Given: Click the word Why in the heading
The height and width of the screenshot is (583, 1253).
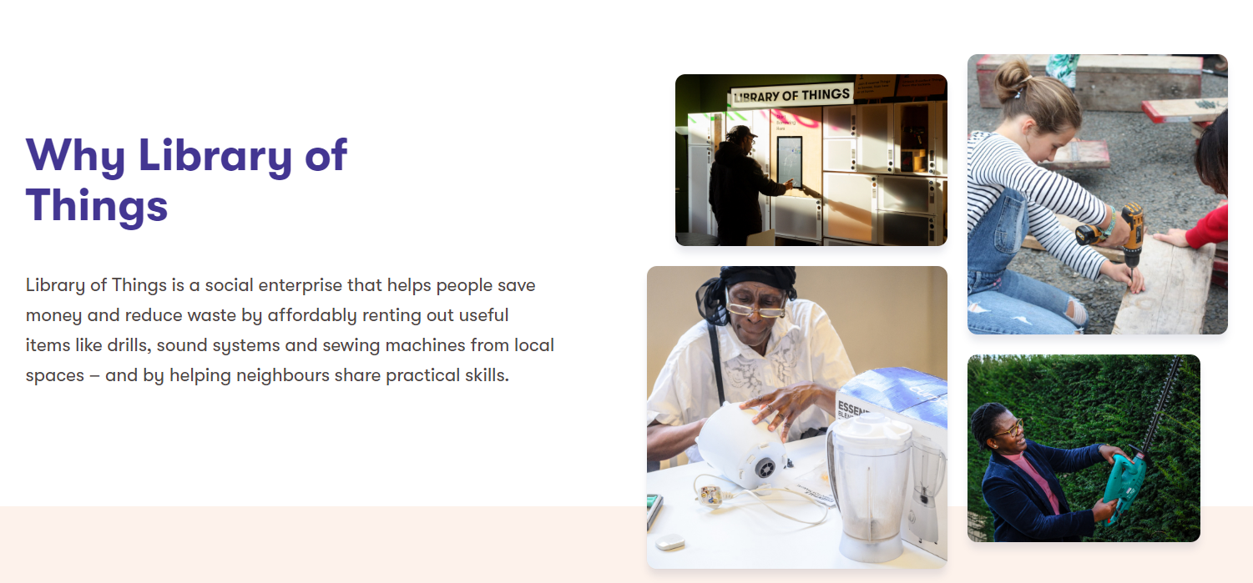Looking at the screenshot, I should pos(74,155).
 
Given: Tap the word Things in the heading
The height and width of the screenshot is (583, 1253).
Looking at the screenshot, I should pos(97,206).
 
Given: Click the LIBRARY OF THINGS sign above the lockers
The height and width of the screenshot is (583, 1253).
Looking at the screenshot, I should pos(791,95).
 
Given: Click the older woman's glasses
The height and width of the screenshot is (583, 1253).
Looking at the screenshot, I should pos(755,308).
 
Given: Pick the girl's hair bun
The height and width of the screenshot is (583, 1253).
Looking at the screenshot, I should pos(1011,77).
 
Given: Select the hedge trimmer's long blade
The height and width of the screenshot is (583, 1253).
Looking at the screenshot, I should pos(1161,401).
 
